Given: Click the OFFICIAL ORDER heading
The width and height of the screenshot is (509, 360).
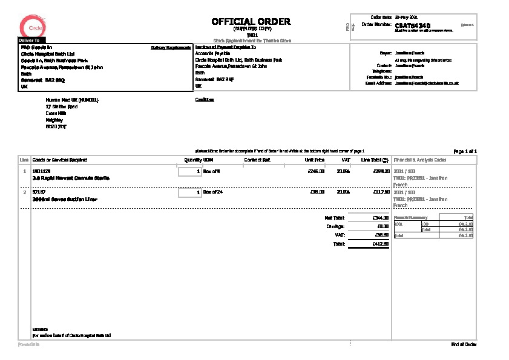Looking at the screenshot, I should [x=251, y=22].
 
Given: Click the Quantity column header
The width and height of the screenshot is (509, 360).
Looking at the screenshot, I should [x=193, y=160].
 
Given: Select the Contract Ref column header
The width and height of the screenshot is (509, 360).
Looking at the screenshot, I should [x=257, y=160].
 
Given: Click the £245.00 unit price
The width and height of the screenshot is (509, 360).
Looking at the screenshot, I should [x=317, y=171].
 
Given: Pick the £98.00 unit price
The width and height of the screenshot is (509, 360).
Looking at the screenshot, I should [x=318, y=192].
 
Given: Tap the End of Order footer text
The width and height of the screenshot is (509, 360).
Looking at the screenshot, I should [x=464, y=344].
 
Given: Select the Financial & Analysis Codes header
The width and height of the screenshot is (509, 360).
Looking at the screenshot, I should [x=420, y=160].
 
